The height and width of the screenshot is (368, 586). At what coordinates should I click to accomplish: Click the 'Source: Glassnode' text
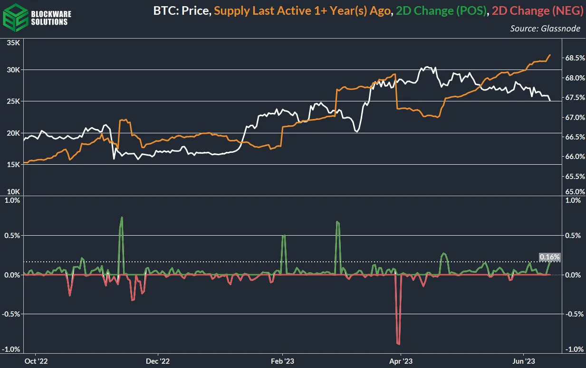pyautogui.click(x=545, y=29)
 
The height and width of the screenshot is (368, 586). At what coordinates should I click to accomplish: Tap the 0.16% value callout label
pyautogui.click(x=549, y=257)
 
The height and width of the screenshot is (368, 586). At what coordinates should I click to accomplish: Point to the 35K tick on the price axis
pyautogui.click(x=12, y=43)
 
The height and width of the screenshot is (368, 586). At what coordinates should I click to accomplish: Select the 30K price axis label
pyautogui.click(x=12, y=70)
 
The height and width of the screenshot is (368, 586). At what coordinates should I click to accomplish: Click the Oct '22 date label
pyautogui.click(x=37, y=361)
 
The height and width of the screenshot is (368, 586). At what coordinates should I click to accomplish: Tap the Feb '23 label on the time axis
pyautogui.click(x=283, y=361)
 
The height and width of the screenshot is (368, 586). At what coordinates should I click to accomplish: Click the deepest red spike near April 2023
pyautogui.click(x=398, y=343)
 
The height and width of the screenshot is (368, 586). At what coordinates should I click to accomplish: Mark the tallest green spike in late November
pyautogui.click(x=122, y=218)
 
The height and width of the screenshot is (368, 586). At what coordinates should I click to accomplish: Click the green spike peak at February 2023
pyautogui.click(x=284, y=235)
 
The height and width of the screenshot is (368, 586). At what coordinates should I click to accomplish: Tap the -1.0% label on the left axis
pyautogui.click(x=11, y=349)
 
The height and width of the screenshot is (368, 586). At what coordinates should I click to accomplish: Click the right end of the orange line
pyautogui.click(x=550, y=55)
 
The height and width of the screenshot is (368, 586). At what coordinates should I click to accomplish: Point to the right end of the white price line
pyautogui.click(x=550, y=100)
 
